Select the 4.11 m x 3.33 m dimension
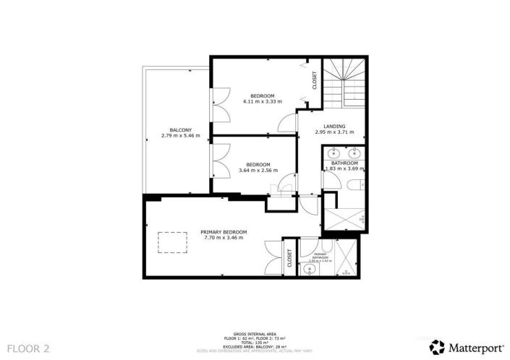262,101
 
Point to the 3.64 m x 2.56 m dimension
257,170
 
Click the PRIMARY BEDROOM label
224,231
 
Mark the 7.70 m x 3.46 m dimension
224,237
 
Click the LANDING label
334,127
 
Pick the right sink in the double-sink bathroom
354,153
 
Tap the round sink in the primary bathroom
309,270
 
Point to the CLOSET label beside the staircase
315,80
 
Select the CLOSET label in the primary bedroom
289,258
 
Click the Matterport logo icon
436,346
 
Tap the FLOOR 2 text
25,348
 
